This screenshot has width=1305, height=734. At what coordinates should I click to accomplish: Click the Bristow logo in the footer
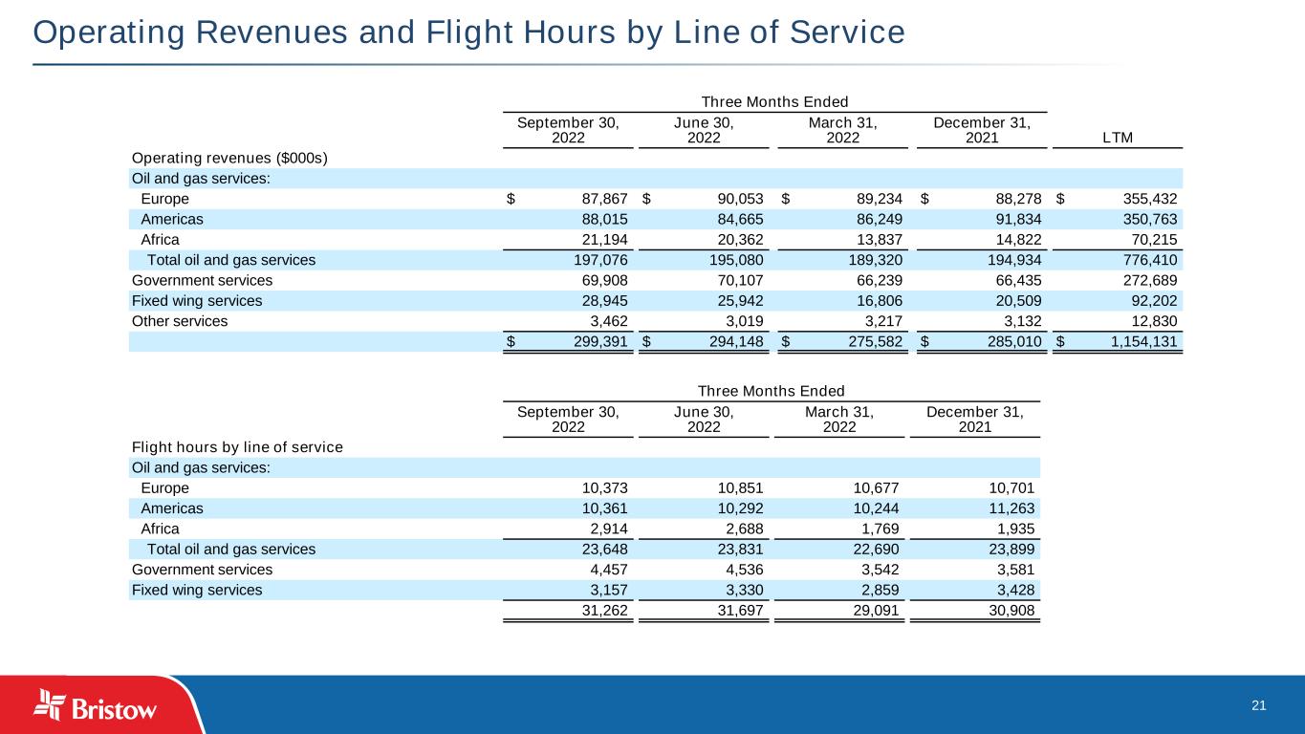coord(96,706)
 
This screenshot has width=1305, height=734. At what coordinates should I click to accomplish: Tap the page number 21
coord(1258,705)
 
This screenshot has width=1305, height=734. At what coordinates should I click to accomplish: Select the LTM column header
coord(1117,138)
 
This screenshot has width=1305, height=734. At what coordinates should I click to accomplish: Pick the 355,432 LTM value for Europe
coord(1143,199)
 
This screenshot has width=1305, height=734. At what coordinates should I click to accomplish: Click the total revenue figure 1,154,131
coord(1137,341)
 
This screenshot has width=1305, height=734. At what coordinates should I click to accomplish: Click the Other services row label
coord(179,321)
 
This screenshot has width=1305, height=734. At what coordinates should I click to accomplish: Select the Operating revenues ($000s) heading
coord(228,158)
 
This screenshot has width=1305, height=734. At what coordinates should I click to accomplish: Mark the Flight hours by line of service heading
coord(236,447)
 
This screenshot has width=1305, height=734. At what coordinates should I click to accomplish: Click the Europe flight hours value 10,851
coord(736,487)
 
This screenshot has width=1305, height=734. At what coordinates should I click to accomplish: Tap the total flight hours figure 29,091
coord(869,611)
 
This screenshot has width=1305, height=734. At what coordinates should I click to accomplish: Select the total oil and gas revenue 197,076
coord(598,259)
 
